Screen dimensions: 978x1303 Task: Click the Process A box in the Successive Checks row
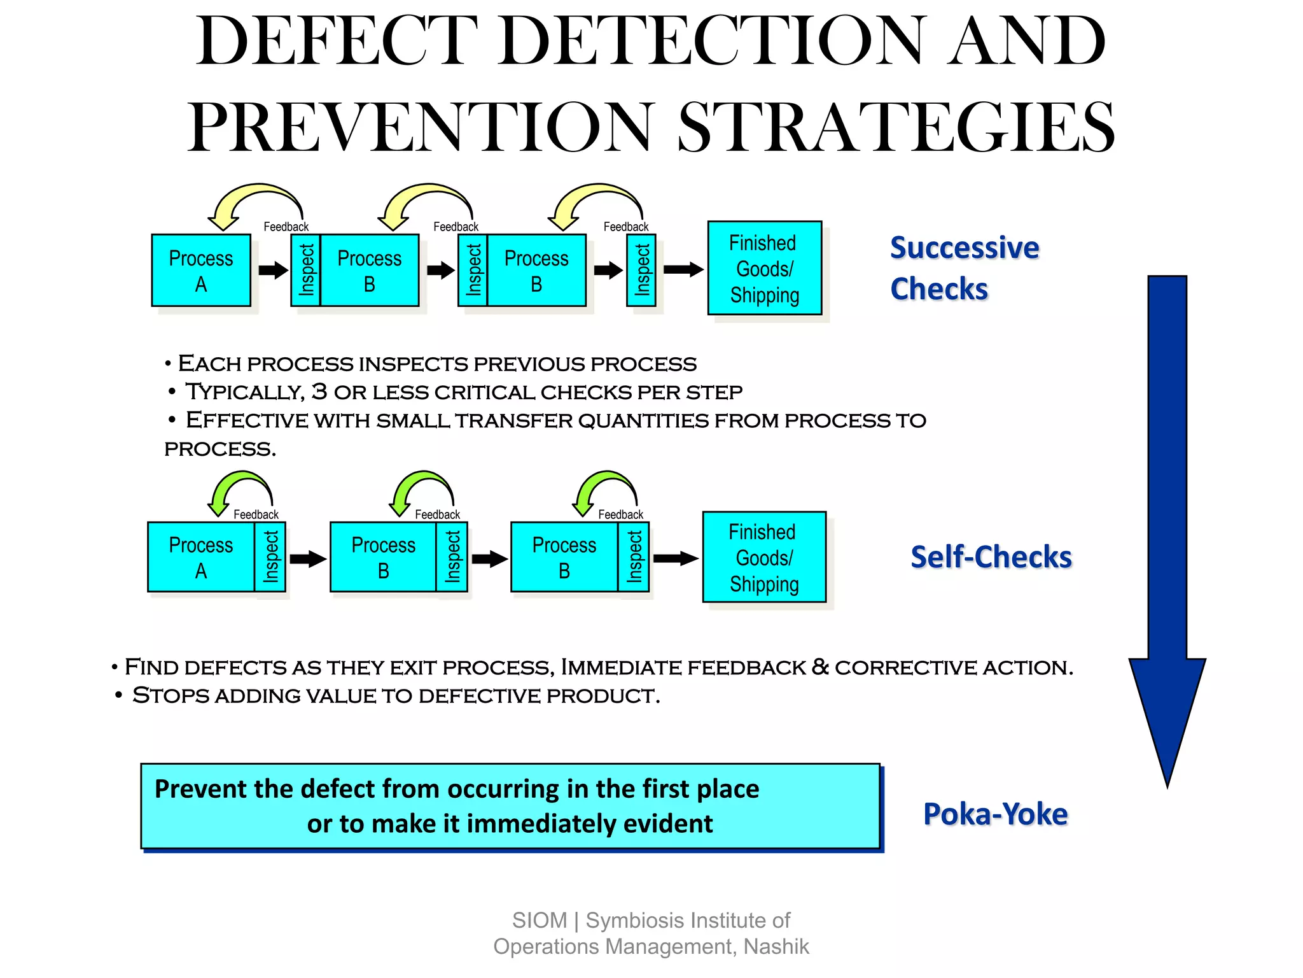(200, 271)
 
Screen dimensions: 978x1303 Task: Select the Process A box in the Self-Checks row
(200, 557)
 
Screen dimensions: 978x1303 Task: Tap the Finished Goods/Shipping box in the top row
(764, 268)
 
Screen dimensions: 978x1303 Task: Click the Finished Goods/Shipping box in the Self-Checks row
(763, 557)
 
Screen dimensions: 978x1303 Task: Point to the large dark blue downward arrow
(1167, 509)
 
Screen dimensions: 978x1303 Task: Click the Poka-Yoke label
(995, 814)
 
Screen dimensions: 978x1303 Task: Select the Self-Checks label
(991, 557)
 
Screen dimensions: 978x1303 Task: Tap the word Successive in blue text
(964, 248)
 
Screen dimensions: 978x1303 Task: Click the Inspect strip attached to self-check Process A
(270, 557)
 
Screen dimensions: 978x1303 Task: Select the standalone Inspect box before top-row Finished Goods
(641, 271)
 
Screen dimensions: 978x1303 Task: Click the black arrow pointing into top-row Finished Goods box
(683, 269)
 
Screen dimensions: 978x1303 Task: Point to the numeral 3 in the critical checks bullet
(319, 392)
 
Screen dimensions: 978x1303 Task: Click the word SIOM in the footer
(539, 921)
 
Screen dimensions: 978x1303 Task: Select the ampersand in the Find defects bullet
(820, 667)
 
